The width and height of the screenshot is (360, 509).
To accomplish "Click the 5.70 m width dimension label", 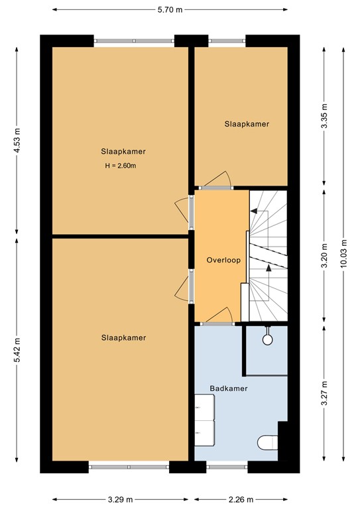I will point(169,10).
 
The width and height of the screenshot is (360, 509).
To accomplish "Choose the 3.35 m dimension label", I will point(324,116).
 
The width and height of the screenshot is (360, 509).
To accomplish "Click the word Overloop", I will point(221,260).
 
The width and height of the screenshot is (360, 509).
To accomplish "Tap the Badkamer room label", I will point(229,388).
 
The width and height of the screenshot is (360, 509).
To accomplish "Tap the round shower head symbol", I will point(267,339).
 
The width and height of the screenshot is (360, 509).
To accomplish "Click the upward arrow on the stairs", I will point(269,268).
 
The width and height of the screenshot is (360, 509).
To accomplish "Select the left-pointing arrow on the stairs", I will point(254,210).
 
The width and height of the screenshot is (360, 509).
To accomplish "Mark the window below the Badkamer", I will point(227,467).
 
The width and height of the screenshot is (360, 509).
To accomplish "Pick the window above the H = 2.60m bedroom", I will point(135,40).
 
